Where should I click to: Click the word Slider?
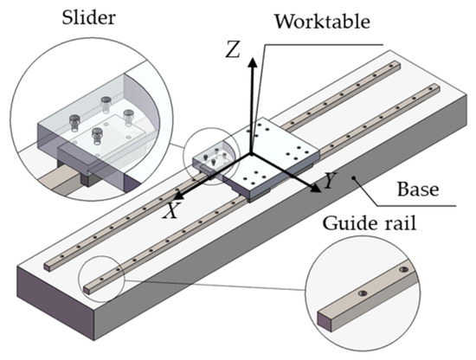[88, 17]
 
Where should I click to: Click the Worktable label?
[323, 22]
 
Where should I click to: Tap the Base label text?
[418, 190]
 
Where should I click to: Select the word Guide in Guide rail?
[349, 223]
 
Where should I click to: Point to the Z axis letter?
[233, 49]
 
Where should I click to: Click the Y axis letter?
[330, 182]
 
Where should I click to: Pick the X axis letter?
[170, 210]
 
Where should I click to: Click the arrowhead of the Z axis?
[252, 62]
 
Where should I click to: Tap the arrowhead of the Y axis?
[316, 189]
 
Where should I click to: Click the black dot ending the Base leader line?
[353, 178]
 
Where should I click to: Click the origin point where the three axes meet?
[251, 154]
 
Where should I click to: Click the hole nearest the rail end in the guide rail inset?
[363, 293]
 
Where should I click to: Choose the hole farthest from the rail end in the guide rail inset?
[403, 269]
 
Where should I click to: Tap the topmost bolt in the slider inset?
[106, 101]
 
